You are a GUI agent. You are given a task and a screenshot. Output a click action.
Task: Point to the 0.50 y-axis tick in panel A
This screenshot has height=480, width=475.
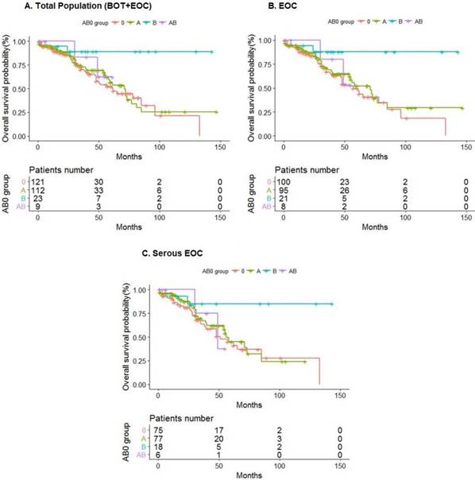click(26, 88)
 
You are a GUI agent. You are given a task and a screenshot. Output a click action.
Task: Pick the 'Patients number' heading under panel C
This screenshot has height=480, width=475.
click(181, 418)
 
